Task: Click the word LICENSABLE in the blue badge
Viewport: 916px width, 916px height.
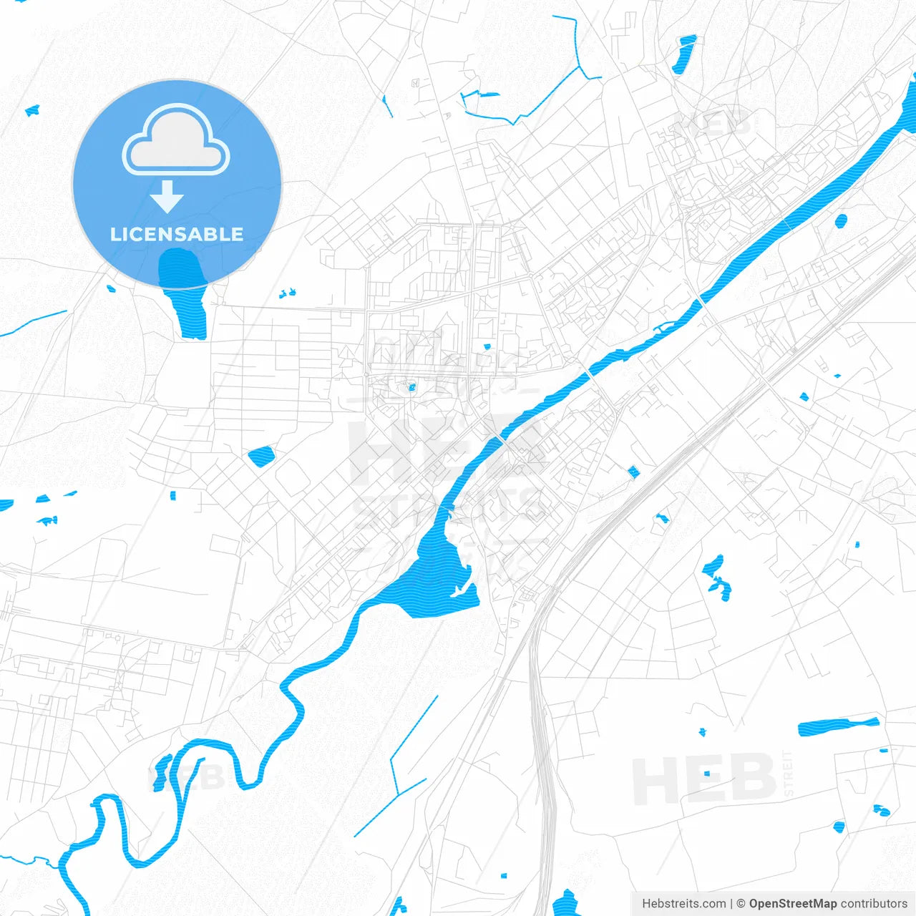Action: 177,234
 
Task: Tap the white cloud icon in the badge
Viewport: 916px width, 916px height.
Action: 176,142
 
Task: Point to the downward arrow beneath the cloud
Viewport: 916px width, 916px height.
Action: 167,196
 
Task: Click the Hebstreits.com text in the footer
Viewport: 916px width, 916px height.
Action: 683,904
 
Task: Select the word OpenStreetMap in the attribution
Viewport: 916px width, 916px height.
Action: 792,904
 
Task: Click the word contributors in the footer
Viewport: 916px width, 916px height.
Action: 873,904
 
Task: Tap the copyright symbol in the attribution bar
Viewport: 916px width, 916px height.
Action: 741,904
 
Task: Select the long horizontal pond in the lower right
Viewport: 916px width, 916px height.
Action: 837,726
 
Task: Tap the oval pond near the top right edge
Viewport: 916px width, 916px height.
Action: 684,54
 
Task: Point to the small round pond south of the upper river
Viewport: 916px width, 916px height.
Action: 841,220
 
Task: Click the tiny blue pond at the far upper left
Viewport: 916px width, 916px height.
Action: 32,110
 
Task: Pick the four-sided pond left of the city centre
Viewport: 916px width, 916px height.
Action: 260,456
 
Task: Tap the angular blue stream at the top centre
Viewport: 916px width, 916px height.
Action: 544,93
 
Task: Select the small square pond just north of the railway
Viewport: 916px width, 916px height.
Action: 633,471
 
